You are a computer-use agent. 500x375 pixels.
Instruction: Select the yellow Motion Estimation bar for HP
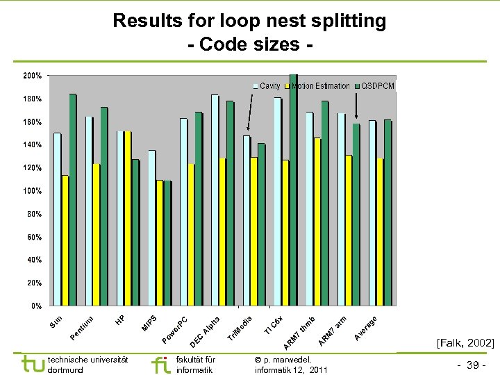click(x=128, y=218)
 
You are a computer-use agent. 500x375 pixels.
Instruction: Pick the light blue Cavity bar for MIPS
click(x=152, y=228)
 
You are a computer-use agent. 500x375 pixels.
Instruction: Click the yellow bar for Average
click(x=380, y=232)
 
